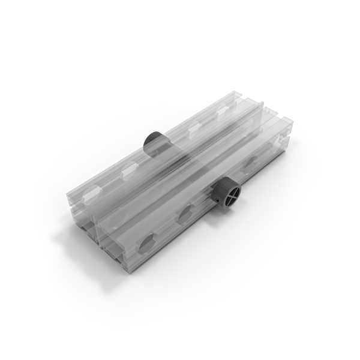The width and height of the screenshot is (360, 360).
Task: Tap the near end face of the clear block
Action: pyautogui.click(x=99, y=237)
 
